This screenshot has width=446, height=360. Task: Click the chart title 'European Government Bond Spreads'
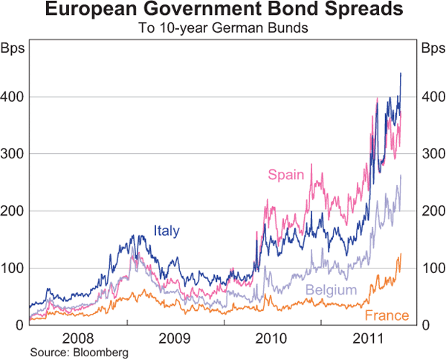click(223, 11)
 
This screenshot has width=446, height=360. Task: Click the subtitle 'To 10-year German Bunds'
click(223, 30)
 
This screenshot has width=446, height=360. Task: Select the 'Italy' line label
click(167, 231)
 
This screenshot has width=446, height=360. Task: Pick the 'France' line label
click(387, 316)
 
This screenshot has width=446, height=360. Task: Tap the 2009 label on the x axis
click(175, 339)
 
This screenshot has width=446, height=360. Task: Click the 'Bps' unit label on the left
click(15, 49)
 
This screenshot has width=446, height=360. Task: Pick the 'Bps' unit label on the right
click(431, 49)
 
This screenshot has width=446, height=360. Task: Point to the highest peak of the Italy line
click(401, 73)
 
